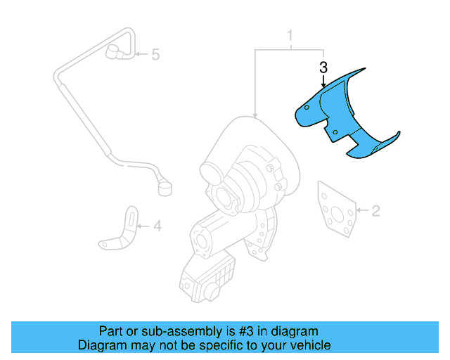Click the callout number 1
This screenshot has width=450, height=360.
click(289, 36)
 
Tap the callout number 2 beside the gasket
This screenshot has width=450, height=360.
click(375, 210)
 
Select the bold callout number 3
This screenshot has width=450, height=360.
click(323, 68)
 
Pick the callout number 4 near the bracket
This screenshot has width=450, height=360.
click(157, 226)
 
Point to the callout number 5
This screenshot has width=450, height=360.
click(156, 53)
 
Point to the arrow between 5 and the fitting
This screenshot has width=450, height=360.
click(141, 53)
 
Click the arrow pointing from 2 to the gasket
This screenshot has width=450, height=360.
click(361, 210)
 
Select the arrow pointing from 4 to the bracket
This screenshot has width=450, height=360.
click(143, 226)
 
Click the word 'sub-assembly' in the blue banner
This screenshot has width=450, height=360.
click(160, 331)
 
